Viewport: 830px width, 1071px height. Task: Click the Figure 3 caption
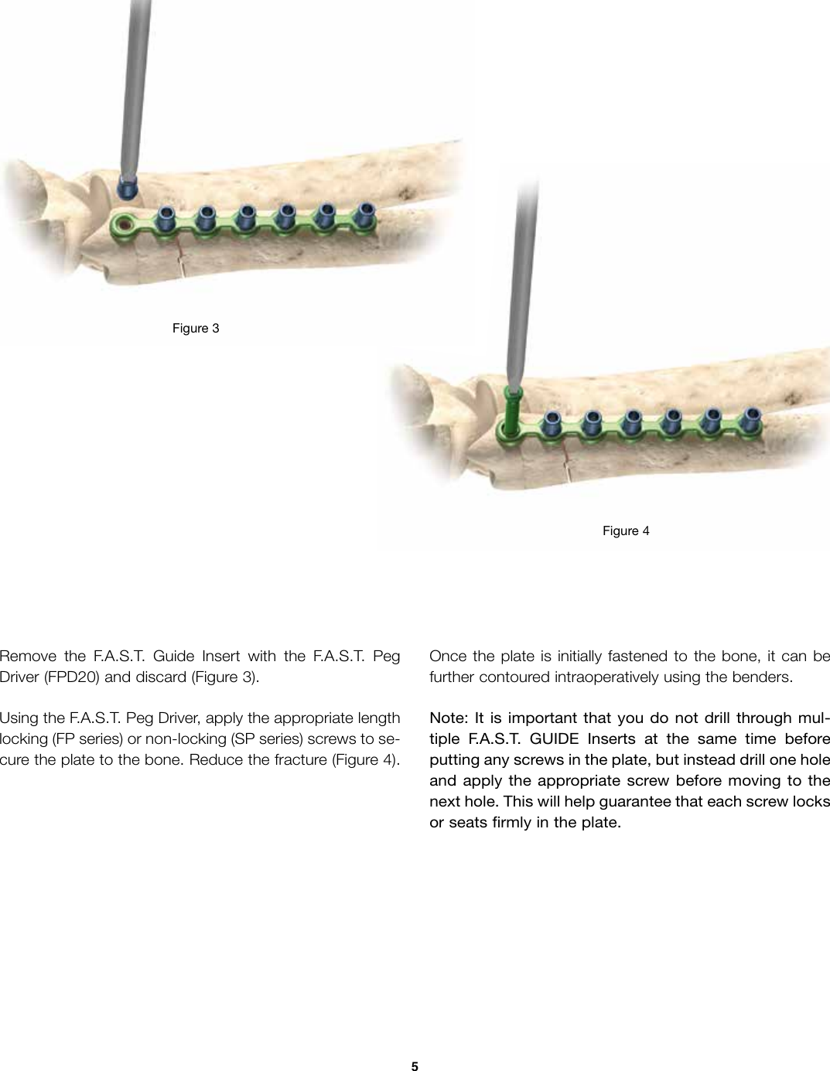click(x=195, y=329)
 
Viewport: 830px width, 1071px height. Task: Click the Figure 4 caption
click(x=626, y=530)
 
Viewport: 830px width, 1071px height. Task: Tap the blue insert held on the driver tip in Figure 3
click(x=126, y=186)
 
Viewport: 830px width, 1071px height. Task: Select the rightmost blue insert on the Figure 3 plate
click(x=365, y=217)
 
